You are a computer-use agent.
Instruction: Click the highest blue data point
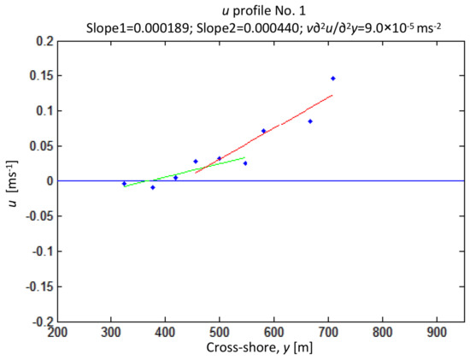(332, 79)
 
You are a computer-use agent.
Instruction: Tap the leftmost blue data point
(124, 183)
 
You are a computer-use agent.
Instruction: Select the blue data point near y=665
(310, 121)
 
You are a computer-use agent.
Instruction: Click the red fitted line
(282, 128)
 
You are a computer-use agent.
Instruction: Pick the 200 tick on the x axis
(57, 333)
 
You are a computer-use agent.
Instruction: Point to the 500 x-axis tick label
(220, 333)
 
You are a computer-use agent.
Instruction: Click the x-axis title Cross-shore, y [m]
(261, 349)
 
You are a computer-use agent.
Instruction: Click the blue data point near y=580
(263, 131)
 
